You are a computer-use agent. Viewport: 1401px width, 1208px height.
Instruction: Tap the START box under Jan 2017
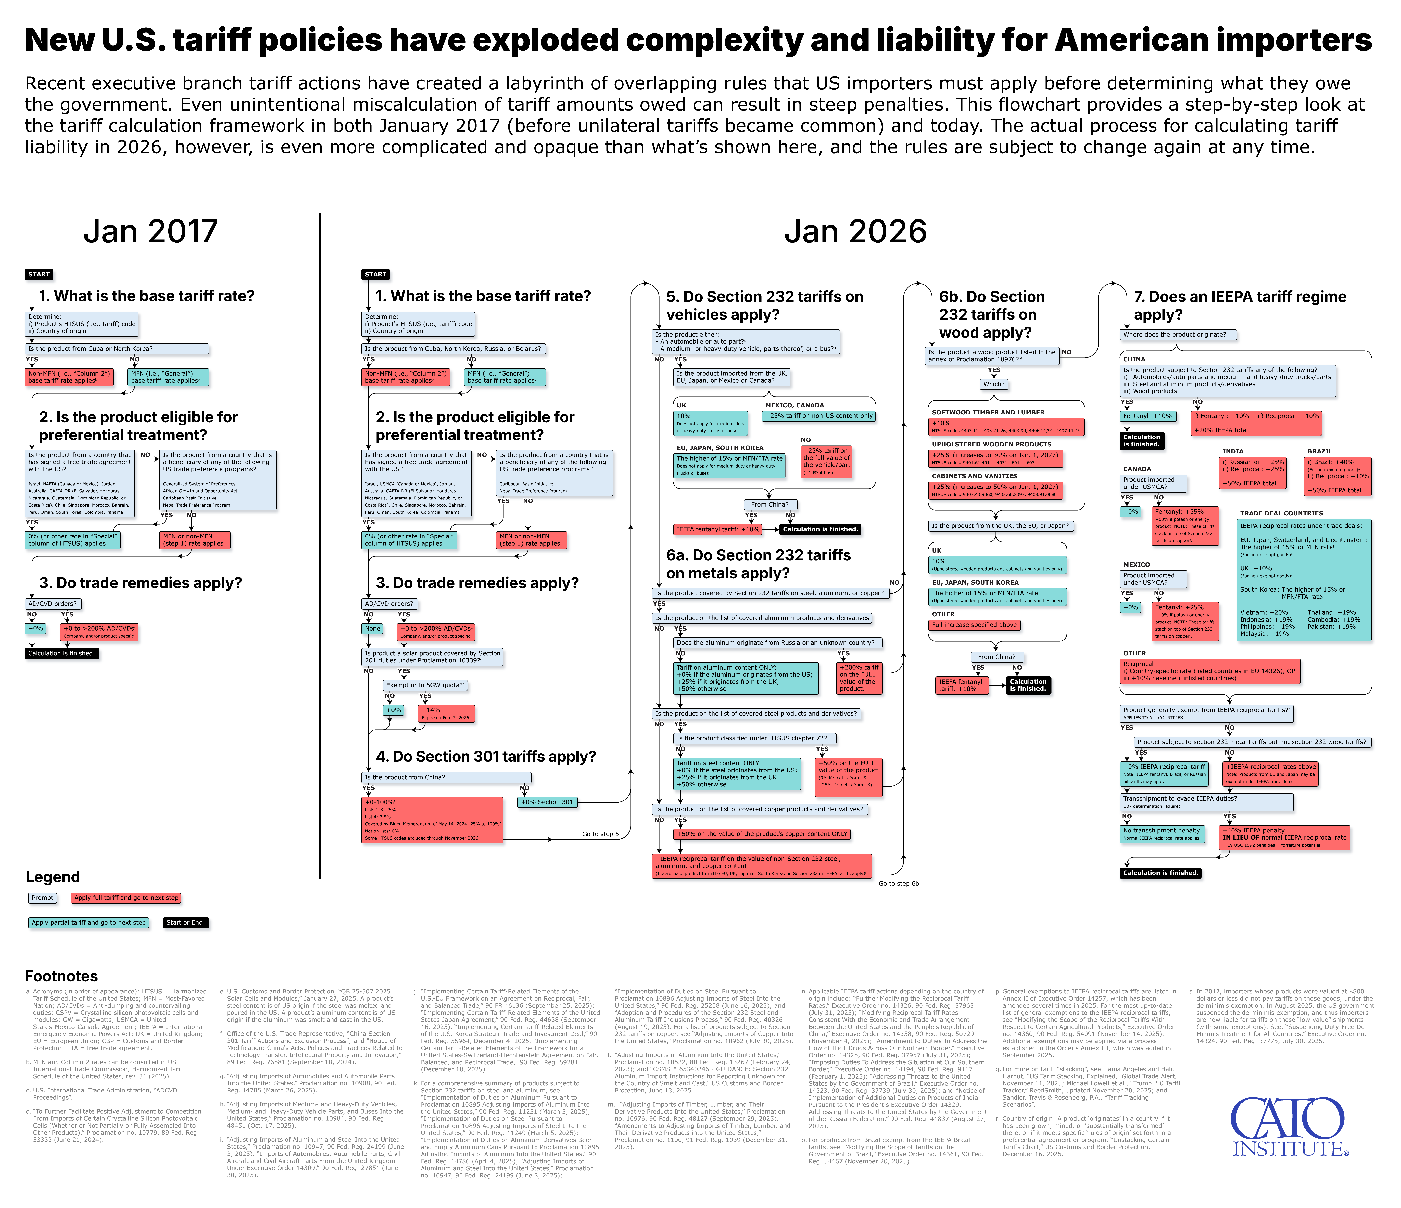click(x=39, y=275)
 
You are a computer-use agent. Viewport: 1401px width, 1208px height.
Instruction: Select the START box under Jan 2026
click(x=376, y=275)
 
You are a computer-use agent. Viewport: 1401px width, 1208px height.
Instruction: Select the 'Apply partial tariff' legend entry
click(x=89, y=923)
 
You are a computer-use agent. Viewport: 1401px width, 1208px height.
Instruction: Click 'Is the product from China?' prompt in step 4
click(x=446, y=777)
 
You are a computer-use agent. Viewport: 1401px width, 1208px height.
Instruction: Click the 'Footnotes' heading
click(x=62, y=976)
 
